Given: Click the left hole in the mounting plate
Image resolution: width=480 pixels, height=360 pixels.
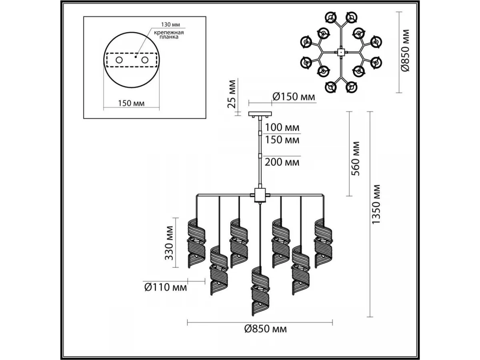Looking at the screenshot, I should (119, 60).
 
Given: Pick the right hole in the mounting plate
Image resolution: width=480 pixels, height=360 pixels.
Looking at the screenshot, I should (144, 60).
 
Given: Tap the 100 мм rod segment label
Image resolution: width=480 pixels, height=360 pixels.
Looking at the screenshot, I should (282, 128).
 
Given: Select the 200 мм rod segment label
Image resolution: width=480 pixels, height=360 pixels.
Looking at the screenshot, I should (282, 162).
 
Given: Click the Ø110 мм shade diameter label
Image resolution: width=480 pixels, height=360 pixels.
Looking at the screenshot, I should (165, 287).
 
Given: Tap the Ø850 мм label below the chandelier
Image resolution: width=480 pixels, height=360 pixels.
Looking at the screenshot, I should (265, 329).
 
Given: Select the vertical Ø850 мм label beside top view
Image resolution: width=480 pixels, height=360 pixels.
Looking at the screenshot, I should (406, 50).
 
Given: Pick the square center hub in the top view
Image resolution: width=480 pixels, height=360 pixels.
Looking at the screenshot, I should (340, 52).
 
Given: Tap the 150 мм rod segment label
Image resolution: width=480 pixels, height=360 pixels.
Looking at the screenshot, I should (282, 140).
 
